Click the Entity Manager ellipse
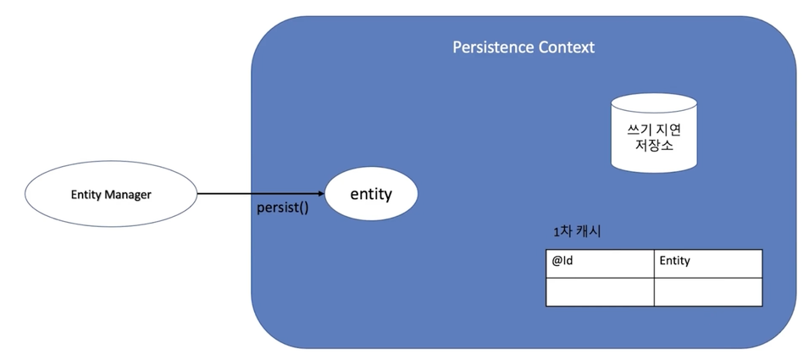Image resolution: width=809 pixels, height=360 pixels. [x=111, y=194]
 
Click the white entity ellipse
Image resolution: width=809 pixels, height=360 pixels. [x=371, y=194]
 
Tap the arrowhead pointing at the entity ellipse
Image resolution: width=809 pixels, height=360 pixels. [x=321, y=194]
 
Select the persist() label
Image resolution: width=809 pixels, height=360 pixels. [x=283, y=209]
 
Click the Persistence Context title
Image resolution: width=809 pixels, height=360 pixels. [x=524, y=47]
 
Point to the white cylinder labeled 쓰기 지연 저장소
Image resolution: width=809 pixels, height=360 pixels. [x=654, y=132]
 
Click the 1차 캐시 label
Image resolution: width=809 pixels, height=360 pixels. [x=577, y=231]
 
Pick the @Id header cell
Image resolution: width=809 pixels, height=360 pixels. [x=600, y=263]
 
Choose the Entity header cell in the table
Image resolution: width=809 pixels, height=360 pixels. [x=708, y=263]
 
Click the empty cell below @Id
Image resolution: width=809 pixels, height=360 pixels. [x=600, y=292]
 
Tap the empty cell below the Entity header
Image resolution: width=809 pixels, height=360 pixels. [x=708, y=292]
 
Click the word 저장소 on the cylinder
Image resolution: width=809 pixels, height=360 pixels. [x=654, y=146]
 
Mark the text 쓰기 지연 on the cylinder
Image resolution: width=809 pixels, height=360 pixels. [x=654, y=130]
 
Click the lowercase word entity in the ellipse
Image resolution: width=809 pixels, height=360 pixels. [x=371, y=195]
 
